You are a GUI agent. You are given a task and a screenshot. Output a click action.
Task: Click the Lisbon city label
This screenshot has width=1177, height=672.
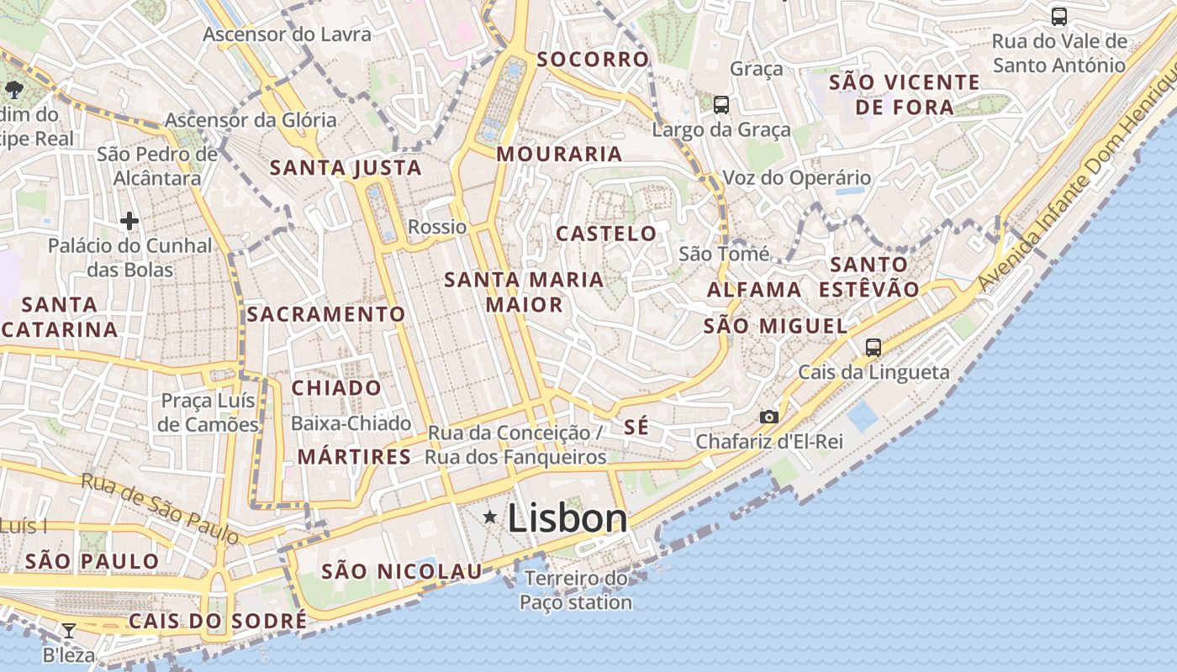point(567,518)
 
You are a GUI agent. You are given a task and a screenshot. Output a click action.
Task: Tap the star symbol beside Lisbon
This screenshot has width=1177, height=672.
point(490,517)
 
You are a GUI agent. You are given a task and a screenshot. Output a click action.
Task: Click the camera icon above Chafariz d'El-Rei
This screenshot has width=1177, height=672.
point(768,417)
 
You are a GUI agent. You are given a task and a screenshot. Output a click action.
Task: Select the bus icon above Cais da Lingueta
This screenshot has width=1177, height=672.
point(874,348)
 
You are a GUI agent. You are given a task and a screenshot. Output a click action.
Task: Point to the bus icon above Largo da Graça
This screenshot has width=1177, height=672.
point(721,105)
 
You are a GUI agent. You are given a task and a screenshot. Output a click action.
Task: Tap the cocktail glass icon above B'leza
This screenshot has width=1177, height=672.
point(69,631)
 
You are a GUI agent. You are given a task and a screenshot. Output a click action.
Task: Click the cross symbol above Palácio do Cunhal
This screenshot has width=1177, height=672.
point(129,221)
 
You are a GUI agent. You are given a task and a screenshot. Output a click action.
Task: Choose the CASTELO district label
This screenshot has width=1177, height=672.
point(606,234)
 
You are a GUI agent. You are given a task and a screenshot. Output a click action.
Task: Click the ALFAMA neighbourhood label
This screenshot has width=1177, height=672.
point(754,290)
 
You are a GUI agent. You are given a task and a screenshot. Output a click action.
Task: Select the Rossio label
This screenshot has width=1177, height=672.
point(437,227)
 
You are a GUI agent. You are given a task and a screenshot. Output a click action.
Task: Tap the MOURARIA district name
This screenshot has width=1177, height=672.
point(559,154)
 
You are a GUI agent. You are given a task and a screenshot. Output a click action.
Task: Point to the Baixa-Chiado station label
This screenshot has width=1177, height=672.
point(351,423)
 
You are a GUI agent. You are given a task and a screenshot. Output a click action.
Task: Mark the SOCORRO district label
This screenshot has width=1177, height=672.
point(593,59)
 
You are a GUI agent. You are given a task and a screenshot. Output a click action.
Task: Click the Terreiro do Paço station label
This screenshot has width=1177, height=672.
point(576,591)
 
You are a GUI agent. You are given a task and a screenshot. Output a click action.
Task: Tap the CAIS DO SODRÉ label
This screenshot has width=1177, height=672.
point(218,621)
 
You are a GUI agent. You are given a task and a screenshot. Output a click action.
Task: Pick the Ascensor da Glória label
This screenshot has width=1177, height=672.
point(251,120)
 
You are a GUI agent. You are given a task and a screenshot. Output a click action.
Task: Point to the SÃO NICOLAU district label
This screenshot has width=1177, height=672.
point(402,571)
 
